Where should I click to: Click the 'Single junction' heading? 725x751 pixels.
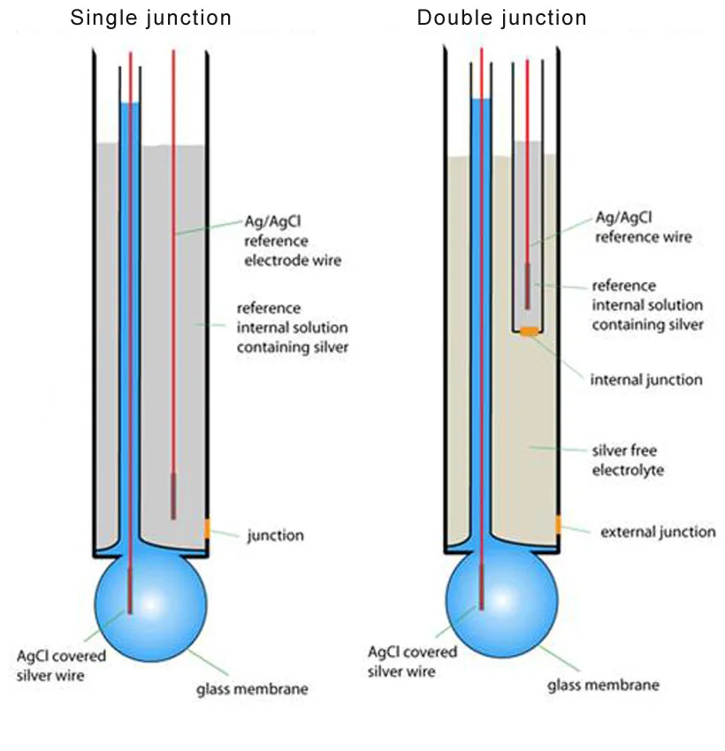(x=150, y=19)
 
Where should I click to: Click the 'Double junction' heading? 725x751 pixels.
(x=501, y=19)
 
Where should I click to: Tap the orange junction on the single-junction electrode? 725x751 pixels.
(x=207, y=528)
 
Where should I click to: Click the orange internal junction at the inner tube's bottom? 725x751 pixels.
(x=529, y=331)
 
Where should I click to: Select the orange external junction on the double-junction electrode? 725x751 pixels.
(x=558, y=525)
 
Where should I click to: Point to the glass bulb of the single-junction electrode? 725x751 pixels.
(x=151, y=605)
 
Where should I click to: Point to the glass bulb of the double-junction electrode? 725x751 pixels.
(x=501, y=602)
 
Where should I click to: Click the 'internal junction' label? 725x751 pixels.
(x=646, y=380)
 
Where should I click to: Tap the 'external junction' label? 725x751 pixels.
(x=658, y=532)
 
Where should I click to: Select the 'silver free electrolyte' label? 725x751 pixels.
(x=628, y=459)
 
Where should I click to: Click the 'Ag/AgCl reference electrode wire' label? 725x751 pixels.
(x=293, y=241)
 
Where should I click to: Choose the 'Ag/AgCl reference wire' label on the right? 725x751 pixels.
(x=643, y=227)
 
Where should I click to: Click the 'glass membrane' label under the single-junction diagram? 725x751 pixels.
(x=252, y=689)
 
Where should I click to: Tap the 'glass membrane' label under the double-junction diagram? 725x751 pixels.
(x=603, y=685)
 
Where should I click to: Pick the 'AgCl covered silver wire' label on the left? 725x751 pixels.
(x=61, y=665)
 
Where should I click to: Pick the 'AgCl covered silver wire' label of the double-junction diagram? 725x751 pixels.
(x=412, y=662)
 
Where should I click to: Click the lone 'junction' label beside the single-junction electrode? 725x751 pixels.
(x=276, y=535)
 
